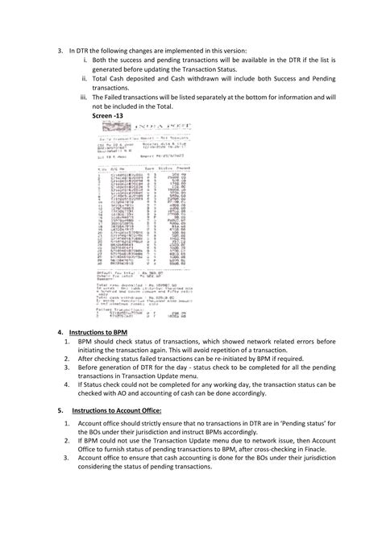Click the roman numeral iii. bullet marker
[85, 96]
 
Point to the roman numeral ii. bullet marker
[85, 78]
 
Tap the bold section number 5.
[61, 410]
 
